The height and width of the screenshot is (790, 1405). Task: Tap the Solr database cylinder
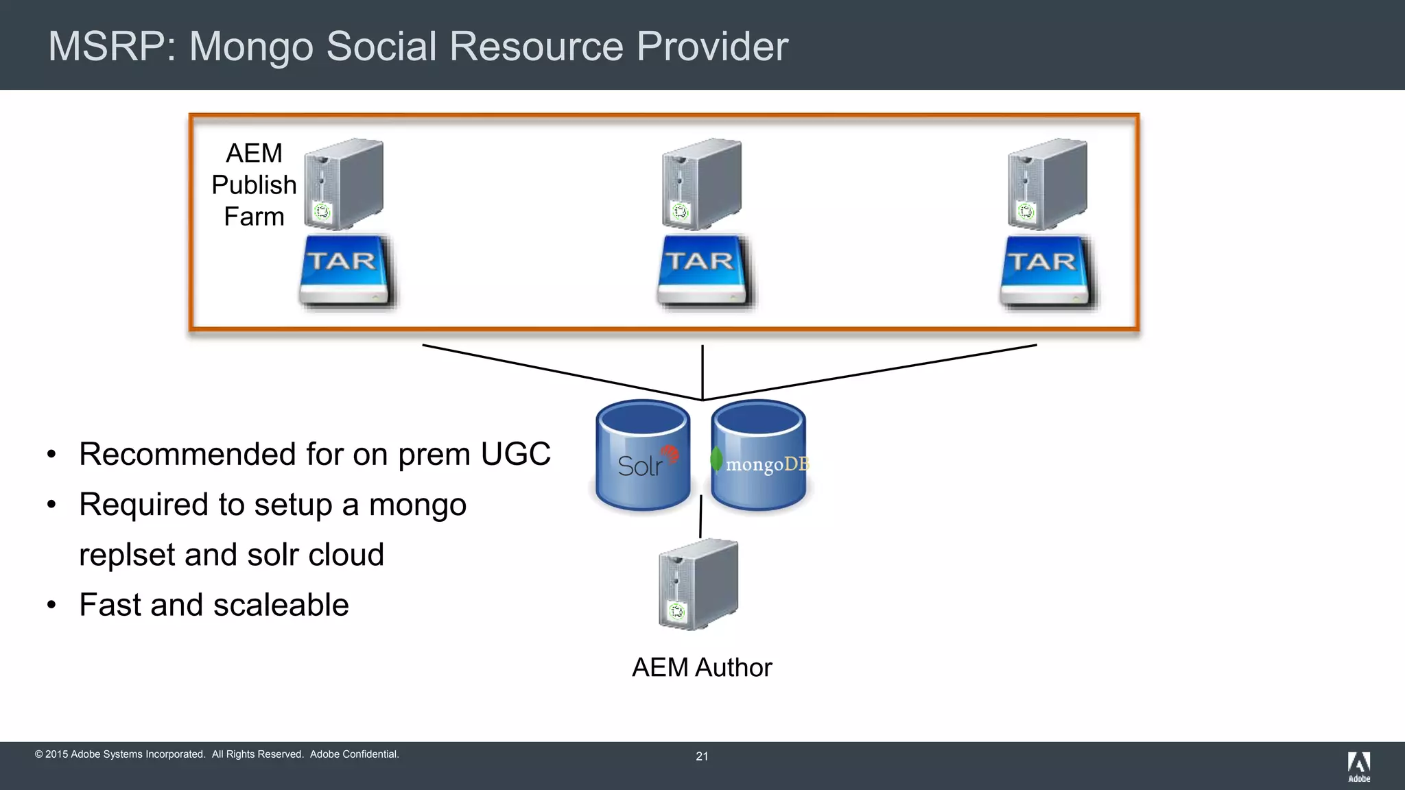[x=643, y=456]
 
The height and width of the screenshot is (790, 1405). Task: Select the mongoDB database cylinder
[x=759, y=456]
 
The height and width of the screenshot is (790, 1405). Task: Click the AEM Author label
[x=702, y=667]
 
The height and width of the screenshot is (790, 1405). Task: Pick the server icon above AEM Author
[x=698, y=584]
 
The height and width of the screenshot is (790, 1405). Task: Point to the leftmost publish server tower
[x=344, y=184]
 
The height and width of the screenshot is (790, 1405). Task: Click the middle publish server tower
[x=701, y=184]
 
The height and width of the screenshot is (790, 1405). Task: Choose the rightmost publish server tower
[x=1047, y=184]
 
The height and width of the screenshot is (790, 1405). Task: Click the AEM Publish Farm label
[x=254, y=184]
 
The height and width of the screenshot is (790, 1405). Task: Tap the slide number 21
[x=702, y=756]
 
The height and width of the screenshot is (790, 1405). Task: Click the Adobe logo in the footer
[x=1359, y=766]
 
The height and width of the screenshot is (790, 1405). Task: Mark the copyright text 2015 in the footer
[x=56, y=754]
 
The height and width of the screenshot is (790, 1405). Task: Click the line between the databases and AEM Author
[x=700, y=516]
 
